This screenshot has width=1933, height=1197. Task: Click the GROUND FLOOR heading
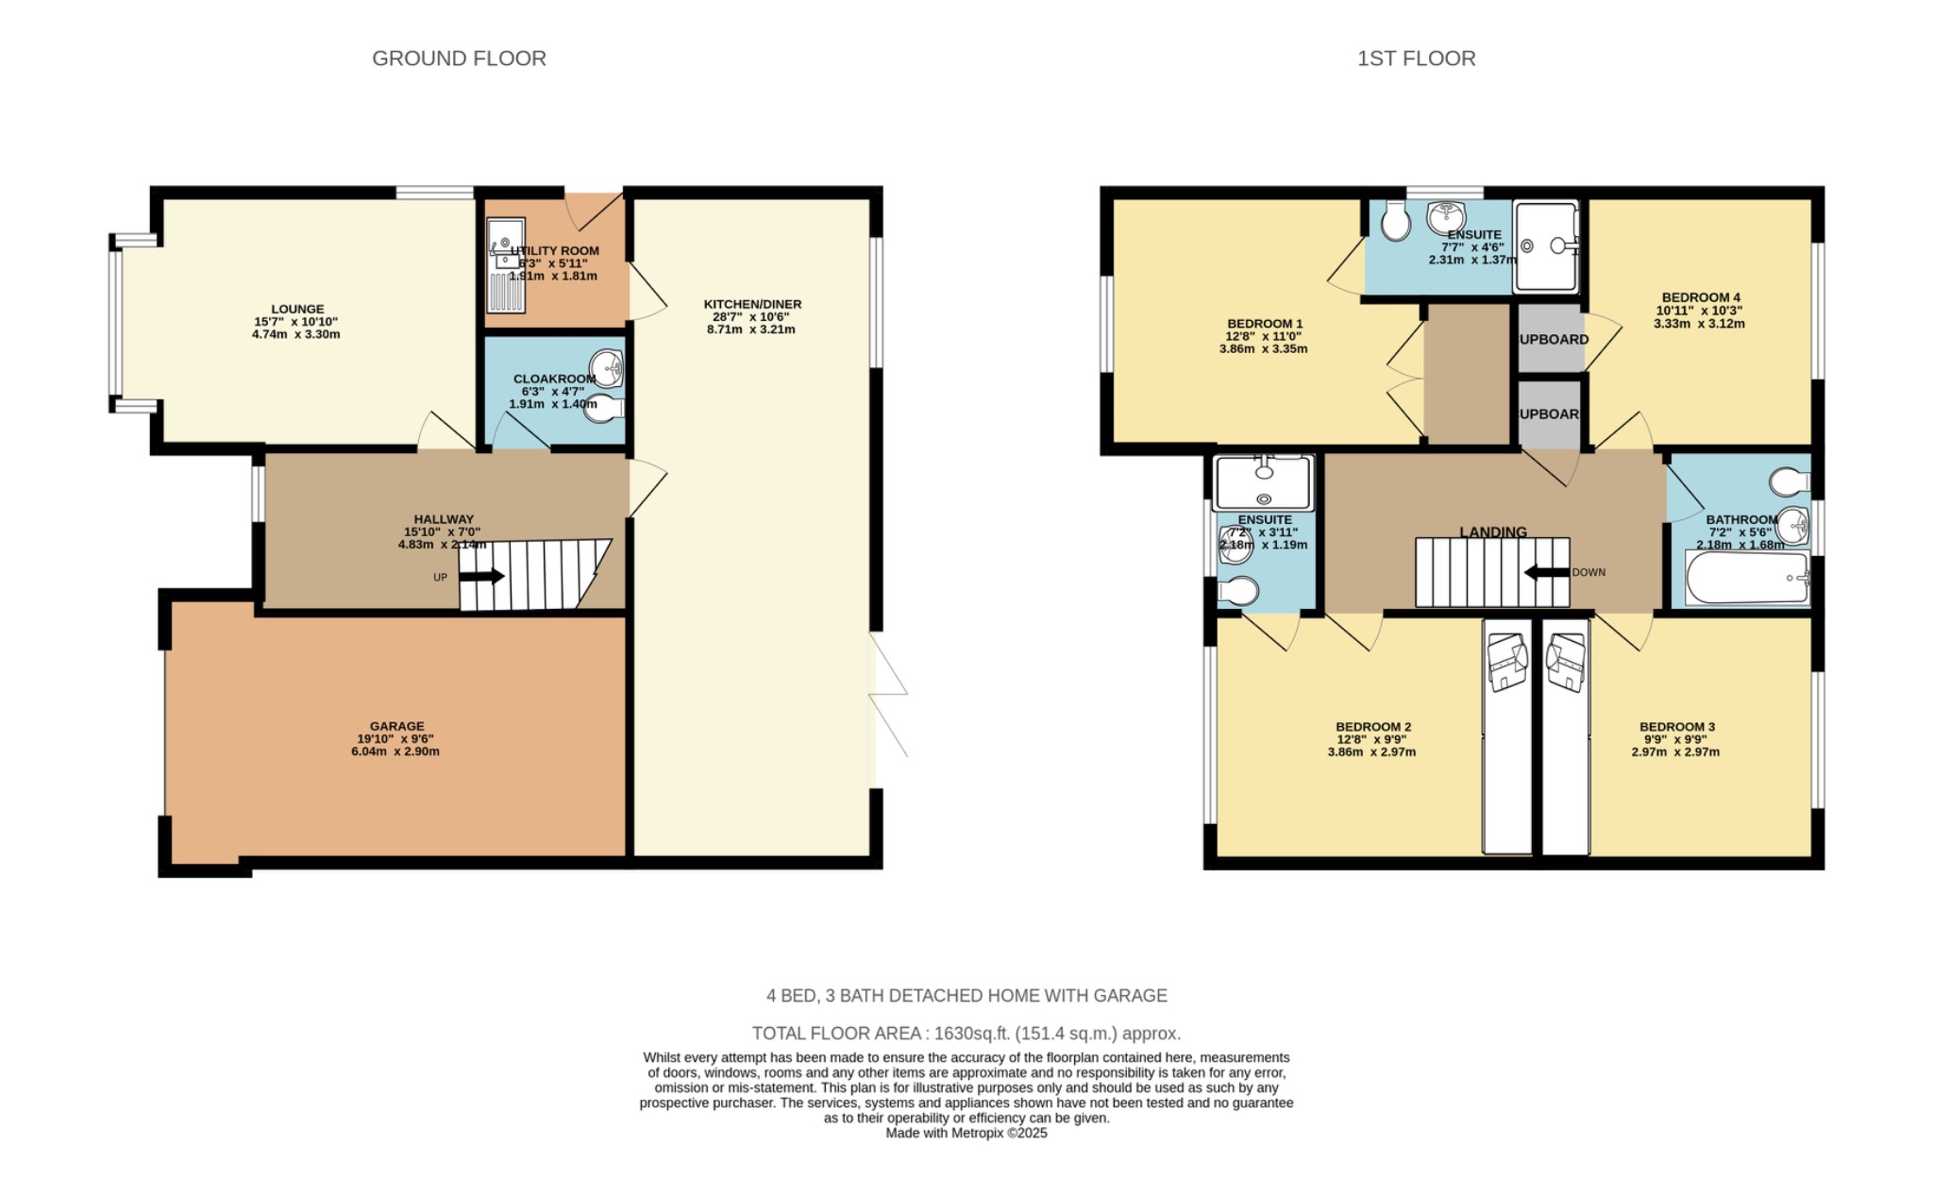pos(459,59)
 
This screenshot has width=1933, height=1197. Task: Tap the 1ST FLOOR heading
pos(1416,59)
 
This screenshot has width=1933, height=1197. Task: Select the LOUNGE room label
pos(297,309)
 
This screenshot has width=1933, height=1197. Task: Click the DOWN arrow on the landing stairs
pos(1545,572)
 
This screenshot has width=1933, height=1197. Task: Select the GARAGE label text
pos(396,726)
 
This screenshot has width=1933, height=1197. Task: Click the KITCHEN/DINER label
pos(752,304)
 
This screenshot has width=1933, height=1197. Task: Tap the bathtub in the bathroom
pos(1746,578)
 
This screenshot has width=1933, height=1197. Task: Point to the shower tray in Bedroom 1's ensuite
pos(1546,246)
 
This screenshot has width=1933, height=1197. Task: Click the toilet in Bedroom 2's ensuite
pos(1238,592)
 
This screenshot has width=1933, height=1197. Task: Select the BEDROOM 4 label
pos(1701,297)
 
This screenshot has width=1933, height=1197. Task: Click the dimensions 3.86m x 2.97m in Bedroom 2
pos(1371,752)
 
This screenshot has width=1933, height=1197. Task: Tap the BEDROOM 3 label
pos(1677,727)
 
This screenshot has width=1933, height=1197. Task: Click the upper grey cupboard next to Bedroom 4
pos(1550,339)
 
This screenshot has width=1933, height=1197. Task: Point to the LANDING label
pos(1493,532)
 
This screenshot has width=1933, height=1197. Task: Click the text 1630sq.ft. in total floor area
pos(971,1033)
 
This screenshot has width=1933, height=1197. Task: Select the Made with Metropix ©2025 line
pos(966,1133)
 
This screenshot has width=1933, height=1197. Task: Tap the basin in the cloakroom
pos(608,367)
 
